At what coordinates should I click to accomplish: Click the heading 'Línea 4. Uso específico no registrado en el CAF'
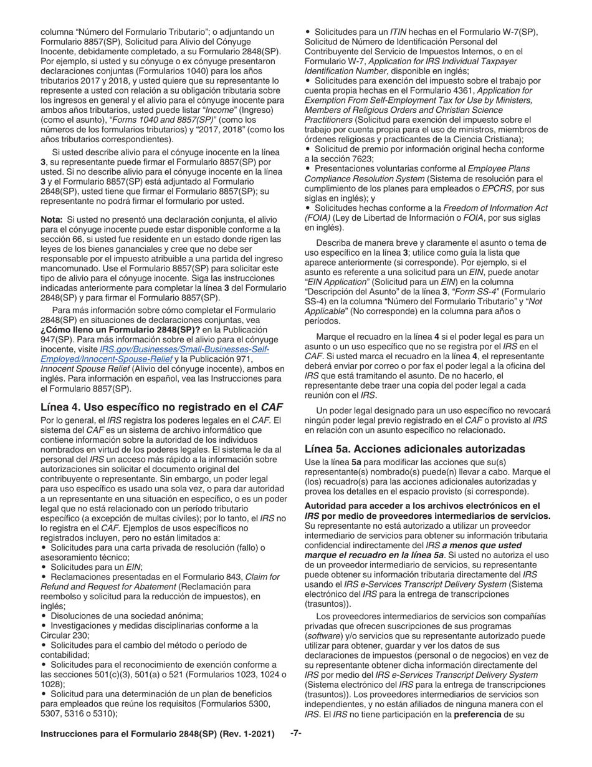click(161, 407)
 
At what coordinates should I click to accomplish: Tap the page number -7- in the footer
click(296, 733)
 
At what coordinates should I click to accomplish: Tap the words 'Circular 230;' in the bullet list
click(66, 635)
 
